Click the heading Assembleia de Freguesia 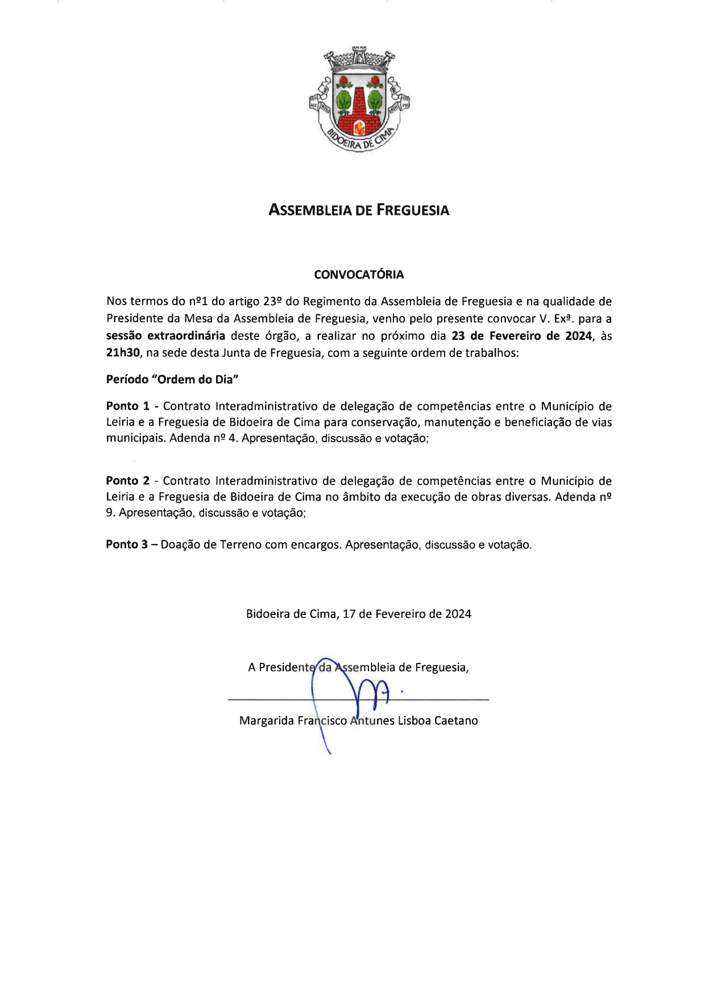pos(359,210)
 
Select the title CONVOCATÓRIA pos(359,275)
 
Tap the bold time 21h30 pos(123,353)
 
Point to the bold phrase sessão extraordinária pos(165,336)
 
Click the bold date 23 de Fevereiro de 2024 pos(521,336)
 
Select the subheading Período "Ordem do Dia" pos(172,380)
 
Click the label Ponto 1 pos(128,406)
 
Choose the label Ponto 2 pos(128,481)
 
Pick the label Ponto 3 pos(127,545)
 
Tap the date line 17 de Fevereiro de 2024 pos(407,614)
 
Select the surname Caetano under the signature pos(456,721)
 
